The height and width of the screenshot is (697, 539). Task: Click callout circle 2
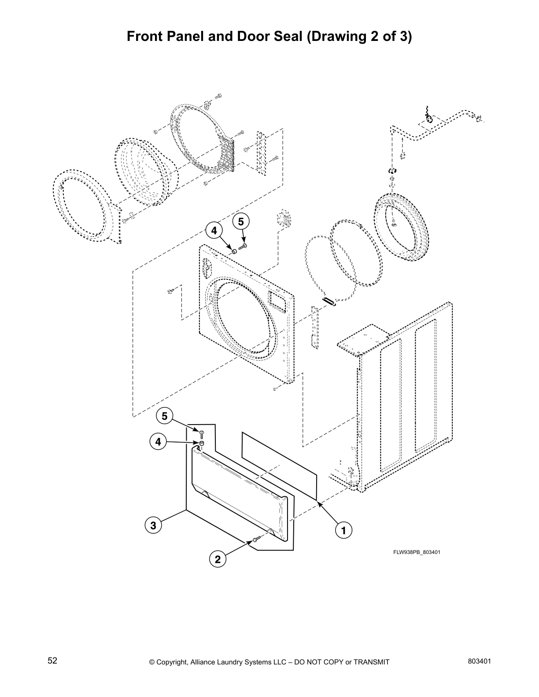pyautogui.click(x=217, y=560)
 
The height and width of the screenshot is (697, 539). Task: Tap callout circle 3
pyautogui.click(x=153, y=525)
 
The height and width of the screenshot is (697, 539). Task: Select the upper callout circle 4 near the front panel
pyautogui.click(x=214, y=230)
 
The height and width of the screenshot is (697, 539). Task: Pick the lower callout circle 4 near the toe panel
pyautogui.click(x=158, y=441)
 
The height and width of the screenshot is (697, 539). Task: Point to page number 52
pyautogui.click(x=52, y=660)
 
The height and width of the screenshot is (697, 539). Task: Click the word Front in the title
pyautogui.click(x=144, y=37)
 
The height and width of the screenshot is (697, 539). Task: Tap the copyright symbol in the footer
pyautogui.click(x=152, y=662)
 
